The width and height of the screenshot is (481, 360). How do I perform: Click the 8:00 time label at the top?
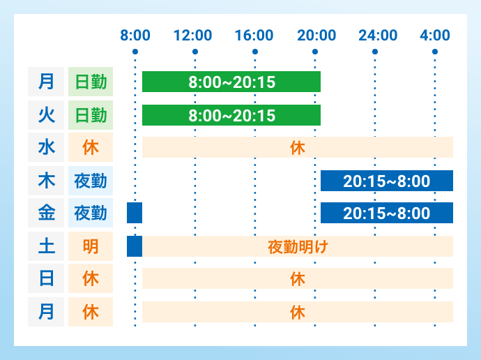[x=135, y=35]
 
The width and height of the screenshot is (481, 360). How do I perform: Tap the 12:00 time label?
[x=193, y=35]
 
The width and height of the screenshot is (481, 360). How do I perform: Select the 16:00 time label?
[x=254, y=35]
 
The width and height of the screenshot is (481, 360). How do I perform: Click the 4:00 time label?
[x=436, y=35]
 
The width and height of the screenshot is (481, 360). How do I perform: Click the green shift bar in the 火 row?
[x=231, y=115]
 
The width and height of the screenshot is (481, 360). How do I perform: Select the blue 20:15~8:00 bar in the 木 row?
[x=387, y=181]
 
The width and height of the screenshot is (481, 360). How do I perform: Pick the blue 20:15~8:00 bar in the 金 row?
[x=387, y=213]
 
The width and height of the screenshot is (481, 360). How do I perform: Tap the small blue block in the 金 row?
[x=135, y=213]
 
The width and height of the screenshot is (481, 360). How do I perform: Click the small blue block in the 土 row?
[x=135, y=246]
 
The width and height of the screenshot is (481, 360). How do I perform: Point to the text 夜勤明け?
[x=298, y=246]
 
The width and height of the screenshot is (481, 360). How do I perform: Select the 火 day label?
[x=46, y=114]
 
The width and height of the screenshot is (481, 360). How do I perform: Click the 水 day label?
[x=46, y=147]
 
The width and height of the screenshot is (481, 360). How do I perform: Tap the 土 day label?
[x=46, y=246]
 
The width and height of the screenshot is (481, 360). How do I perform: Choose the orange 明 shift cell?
[x=91, y=246]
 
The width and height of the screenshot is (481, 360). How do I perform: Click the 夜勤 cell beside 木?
[x=91, y=180]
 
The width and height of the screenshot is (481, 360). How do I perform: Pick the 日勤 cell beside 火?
[x=91, y=114]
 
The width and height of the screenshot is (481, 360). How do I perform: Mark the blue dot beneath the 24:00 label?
[x=375, y=52]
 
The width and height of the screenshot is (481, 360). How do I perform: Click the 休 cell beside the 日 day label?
[x=91, y=278]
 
